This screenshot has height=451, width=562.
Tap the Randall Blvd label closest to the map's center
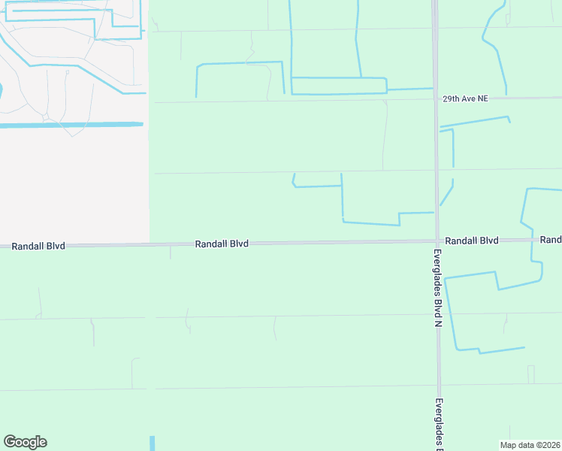coord(222,244)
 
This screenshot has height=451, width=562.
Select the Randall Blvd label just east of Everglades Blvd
coord(471,241)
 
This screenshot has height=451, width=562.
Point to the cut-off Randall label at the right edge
coord(551,240)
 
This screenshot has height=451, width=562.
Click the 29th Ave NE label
coord(465,98)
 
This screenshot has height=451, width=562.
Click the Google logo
coord(25,442)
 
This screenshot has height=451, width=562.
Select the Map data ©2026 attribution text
coord(530,445)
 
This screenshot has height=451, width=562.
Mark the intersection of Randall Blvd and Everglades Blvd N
coord(437,241)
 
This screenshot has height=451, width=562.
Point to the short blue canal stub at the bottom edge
coord(152,443)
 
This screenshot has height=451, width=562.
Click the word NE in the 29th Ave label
coord(481,98)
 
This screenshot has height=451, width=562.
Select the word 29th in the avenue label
coord(449,98)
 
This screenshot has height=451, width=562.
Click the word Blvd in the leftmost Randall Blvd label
coord(55,246)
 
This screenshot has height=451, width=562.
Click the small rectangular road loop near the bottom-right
coord(531,374)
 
